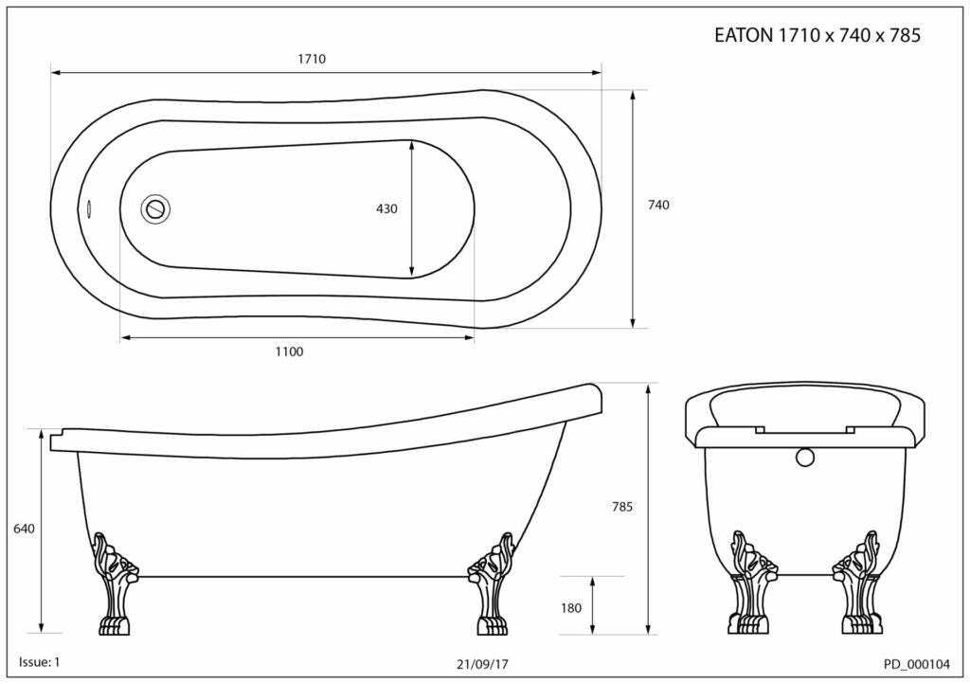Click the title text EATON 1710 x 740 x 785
(817, 36)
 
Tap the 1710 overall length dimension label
(312, 59)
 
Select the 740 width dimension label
(658, 205)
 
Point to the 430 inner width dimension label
(386, 208)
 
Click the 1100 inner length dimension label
(289, 351)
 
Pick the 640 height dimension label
(24, 529)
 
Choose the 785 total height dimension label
(621, 507)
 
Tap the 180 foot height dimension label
(571, 608)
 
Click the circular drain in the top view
(155, 208)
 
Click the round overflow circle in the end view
(805, 458)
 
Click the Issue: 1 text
(40, 661)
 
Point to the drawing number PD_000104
(916, 664)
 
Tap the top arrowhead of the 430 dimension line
(411, 145)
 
